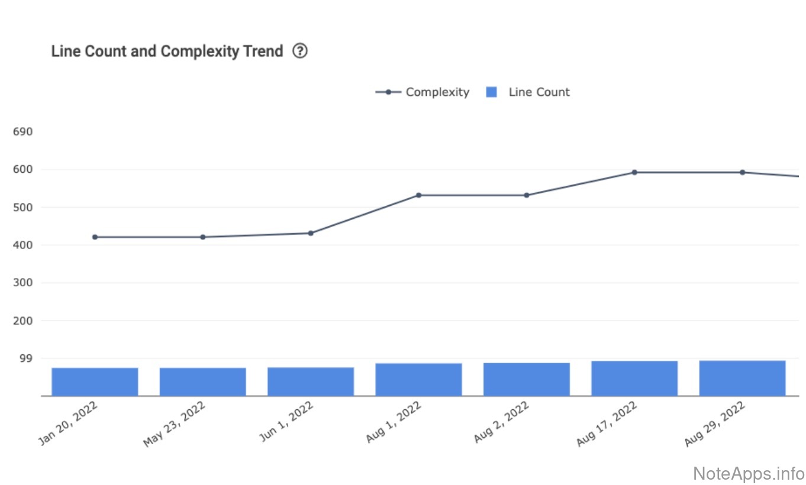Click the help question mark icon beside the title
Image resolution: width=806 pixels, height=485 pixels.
[300, 51]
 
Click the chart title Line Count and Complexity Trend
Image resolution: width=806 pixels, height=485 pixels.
[167, 51]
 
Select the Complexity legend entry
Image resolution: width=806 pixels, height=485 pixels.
[423, 92]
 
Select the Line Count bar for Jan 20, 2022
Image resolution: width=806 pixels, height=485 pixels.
[95, 381]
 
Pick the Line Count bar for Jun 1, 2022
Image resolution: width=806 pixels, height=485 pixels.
[311, 381]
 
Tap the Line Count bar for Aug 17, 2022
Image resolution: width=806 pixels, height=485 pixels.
[634, 379]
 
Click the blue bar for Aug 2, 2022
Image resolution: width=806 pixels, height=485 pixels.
[527, 379]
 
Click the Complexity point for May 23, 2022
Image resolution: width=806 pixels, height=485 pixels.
[203, 237]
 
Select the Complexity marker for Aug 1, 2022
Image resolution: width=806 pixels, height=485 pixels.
[418, 195]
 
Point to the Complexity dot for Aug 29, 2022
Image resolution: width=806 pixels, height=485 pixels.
[742, 172]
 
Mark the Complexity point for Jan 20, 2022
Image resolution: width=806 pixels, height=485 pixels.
[95, 237]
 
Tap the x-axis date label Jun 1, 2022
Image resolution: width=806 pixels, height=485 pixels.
[286, 422]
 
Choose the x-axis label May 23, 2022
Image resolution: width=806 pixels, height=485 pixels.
[175, 424]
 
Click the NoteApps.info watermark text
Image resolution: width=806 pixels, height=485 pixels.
[748, 473]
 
